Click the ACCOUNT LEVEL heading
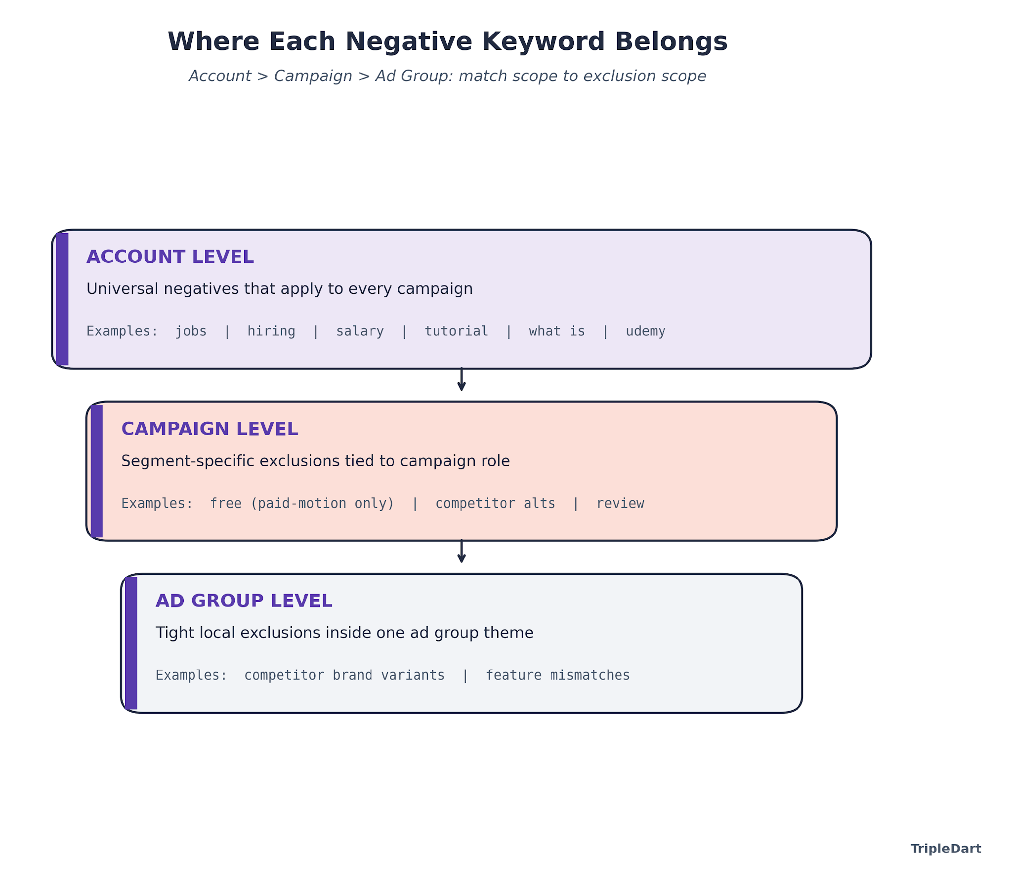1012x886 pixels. (169, 257)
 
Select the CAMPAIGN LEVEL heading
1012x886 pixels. (209, 429)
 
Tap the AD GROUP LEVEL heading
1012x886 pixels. (243, 601)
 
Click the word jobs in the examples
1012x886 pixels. (190, 331)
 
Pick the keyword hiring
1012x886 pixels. (271, 331)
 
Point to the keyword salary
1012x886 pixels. (360, 331)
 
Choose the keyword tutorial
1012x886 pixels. (456, 331)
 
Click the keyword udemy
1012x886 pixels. (645, 331)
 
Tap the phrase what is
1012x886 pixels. (556, 331)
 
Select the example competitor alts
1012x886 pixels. (495, 504)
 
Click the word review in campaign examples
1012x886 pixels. (620, 504)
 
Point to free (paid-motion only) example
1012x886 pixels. (302, 504)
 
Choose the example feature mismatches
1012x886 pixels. (557, 676)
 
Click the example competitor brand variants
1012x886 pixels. (344, 676)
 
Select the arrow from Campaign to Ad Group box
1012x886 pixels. (461, 552)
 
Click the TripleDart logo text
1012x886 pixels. (945, 849)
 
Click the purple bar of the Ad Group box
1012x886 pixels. (131, 643)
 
